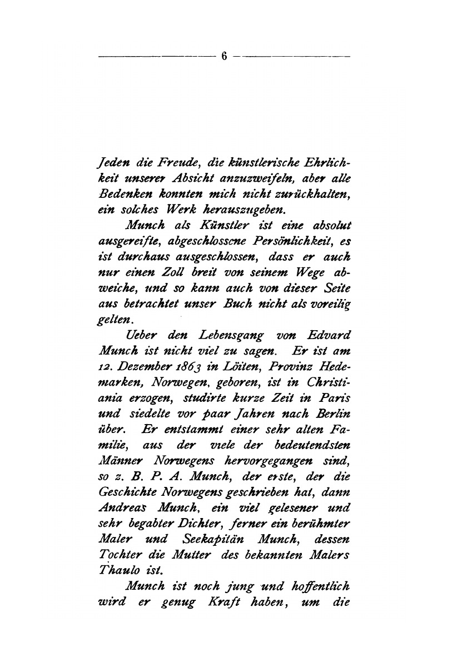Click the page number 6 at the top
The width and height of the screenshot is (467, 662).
224,56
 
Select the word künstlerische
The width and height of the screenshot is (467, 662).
254,163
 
